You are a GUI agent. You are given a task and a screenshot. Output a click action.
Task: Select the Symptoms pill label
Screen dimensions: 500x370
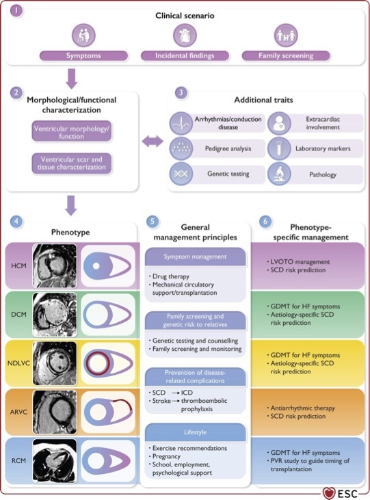(x=84, y=55)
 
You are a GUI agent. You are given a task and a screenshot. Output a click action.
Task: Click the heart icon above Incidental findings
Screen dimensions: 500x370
(x=185, y=35)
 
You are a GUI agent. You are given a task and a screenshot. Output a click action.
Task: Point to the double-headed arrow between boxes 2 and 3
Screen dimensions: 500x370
(x=152, y=142)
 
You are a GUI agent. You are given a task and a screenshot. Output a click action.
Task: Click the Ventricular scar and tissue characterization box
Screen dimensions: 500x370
(x=72, y=163)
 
